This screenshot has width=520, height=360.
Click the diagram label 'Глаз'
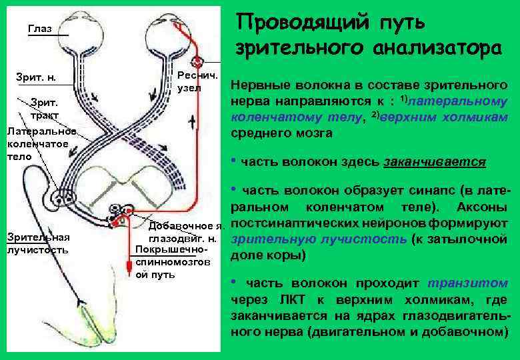point(39,29)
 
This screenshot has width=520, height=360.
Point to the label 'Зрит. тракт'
point(44,109)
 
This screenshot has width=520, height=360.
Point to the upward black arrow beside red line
point(193,123)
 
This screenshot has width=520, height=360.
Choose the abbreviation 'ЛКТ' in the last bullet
point(283,299)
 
